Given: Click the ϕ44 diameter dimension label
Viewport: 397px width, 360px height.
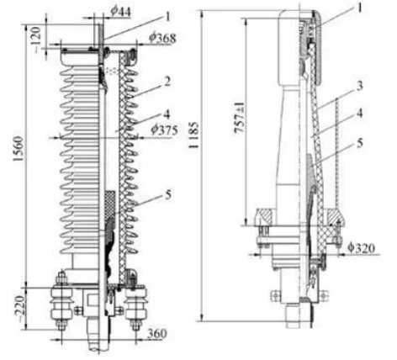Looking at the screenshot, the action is point(121,11).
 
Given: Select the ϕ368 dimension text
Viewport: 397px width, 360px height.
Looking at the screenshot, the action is point(162,38).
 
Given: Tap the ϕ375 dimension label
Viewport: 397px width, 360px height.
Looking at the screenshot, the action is point(164,130).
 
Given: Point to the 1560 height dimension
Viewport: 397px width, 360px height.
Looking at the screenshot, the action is point(19,149).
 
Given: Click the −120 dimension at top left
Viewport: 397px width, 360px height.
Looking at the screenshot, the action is point(37,40).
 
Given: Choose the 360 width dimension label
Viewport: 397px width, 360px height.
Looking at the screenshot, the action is point(157,334).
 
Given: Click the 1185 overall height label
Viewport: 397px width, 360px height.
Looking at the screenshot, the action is point(193,135).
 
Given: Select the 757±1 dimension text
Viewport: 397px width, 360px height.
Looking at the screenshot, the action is point(240,117).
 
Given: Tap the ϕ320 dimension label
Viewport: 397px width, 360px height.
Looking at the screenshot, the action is point(361,248).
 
